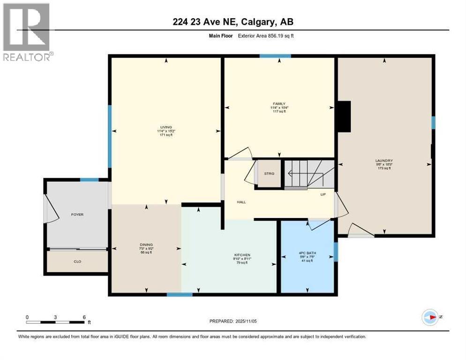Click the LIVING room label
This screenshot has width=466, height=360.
(165, 127)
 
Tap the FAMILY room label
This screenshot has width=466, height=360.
(279, 104)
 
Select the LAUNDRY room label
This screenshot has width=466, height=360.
(384, 160)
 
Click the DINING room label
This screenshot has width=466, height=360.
(146, 244)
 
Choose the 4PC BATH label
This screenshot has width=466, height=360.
(308, 255)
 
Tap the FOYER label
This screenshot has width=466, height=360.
(77, 214)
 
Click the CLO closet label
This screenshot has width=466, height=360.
(77, 262)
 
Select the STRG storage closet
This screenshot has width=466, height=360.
(269, 174)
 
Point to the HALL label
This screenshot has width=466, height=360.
(241, 202)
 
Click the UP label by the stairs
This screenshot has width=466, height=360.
(323, 194)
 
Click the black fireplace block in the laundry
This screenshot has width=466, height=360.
(345, 117)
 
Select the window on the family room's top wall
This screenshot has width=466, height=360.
(275, 56)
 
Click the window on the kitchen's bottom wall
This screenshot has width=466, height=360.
(180, 294)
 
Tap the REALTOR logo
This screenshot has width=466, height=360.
(27, 31)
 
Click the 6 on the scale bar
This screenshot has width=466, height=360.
(84, 317)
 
